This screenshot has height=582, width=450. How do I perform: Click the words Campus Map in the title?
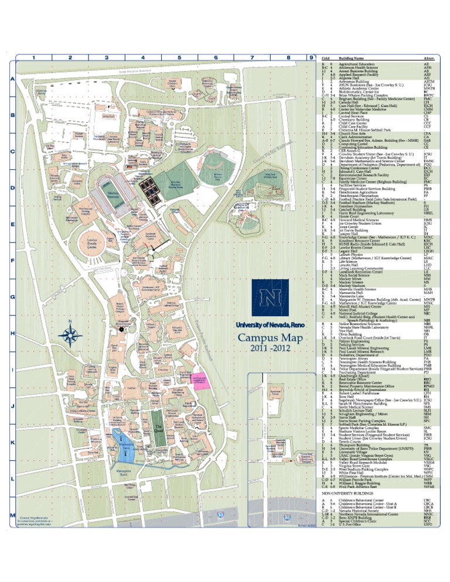(270, 338)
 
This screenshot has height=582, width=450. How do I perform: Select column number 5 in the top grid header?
(179, 58)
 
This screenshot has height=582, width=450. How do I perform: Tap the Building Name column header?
(359, 59)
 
